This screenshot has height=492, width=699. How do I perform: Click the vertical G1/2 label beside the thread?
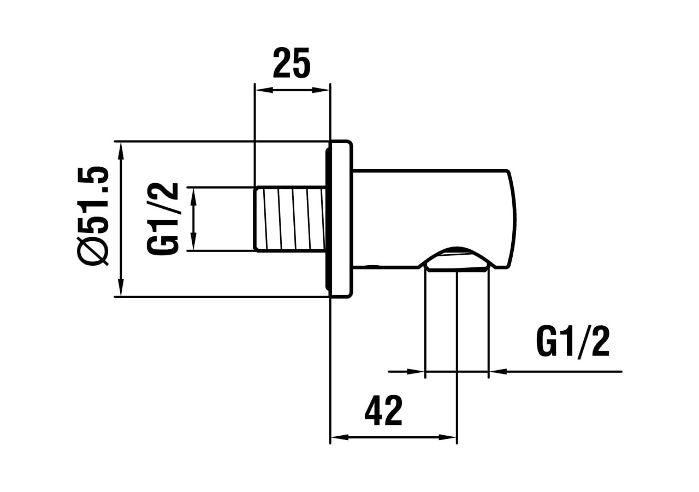(x=163, y=219)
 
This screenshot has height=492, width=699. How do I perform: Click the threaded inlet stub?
(x=289, y=219)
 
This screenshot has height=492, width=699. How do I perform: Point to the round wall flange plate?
(x=340, y=219)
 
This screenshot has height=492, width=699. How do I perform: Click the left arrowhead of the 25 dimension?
(x=263, y=90)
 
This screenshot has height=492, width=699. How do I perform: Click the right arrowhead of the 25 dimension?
(x=322, y=90)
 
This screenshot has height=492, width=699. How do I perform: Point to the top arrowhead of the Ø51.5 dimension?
(x=121, y=150)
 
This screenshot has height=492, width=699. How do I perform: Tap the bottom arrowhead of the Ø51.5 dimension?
(x=121, y=288)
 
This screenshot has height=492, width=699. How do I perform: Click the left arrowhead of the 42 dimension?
(x=340, y=437)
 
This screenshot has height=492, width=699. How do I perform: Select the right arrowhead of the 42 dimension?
(x=448, y=437)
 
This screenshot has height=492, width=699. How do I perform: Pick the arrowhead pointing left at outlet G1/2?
(x=497, y=372)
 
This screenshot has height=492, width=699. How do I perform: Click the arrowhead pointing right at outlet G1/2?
(x=416, y=372)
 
